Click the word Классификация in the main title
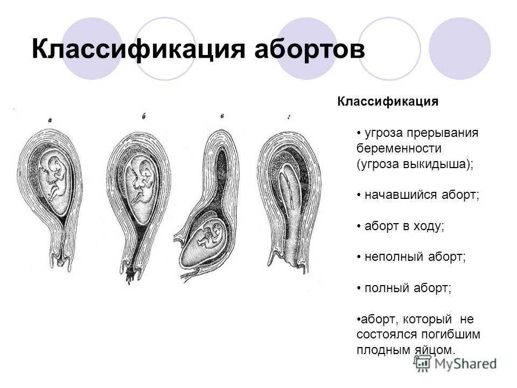[x=138, y=50]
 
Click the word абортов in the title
[x=310, y=50]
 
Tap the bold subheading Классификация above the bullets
[x=388, y=102]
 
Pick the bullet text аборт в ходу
[x=404, y=226]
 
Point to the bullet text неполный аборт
[x=415, y=257]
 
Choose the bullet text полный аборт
[x=408, y=288]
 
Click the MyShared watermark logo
[x=455, y=364]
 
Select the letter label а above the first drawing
[x=50, y=121]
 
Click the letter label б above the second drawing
[x=144, y=116]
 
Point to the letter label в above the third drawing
[x=222, y=116]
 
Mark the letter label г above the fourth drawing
[x=289, y=117]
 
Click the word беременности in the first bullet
[x=399, y=149]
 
